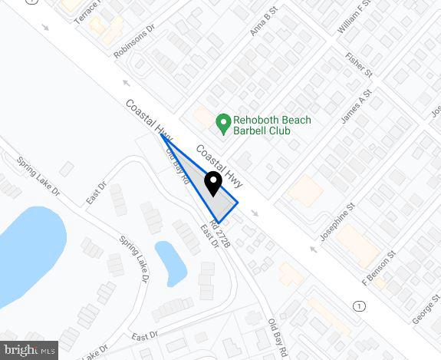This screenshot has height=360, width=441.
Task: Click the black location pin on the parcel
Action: pyautogui.click(x=212, y=183)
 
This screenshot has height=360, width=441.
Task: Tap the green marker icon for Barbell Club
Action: pyautogui.click(x=223, y=121)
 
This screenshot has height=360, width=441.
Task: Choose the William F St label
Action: pyautogui.click(x=354, y=17)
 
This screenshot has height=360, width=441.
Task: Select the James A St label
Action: pyautogui.click(x=356, y=105)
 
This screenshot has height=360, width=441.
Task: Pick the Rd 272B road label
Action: pyautogui.click(x=219, y=233)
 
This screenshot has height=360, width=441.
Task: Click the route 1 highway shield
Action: pyautogui.click(x=360, y=306)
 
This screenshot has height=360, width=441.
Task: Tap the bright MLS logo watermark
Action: pyautogui.click(x=29, y=350)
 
